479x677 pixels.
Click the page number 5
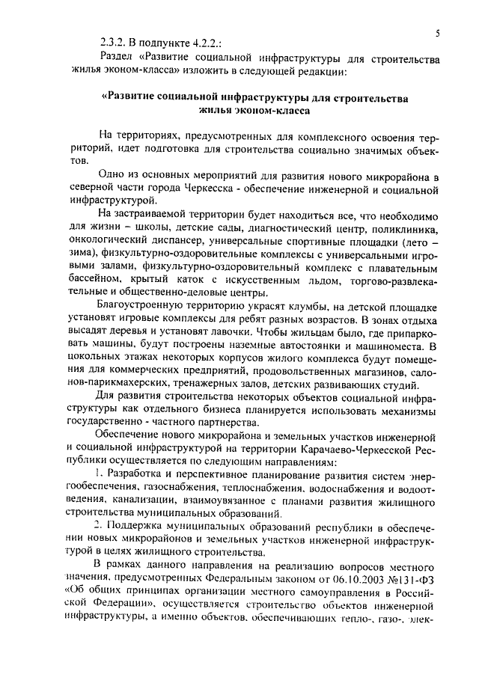pyautogui.click(x=436, y=32)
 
